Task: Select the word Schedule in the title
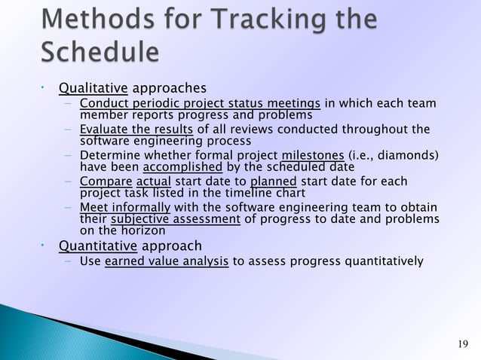tap(100, 53)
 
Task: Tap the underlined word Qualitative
tap(93, 88)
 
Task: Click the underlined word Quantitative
tap(98, 246)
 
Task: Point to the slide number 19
tap(464, 344)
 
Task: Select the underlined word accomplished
tap(182, 167)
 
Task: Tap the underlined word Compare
tap(106, 182)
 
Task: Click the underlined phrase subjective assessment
tap(176, 219)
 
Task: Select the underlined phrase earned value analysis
tap(167, 261)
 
